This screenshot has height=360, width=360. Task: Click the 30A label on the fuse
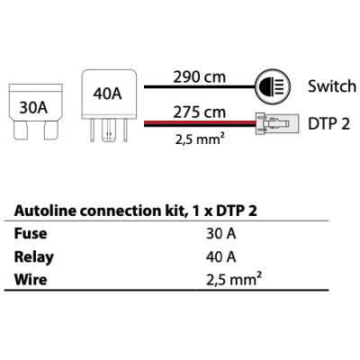click(33, 108)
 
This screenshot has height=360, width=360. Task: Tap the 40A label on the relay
click(107, 94)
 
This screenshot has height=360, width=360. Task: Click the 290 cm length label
click(199, 76)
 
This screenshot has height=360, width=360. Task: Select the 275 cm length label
click(199, 112)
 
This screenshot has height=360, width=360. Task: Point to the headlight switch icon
click(273, 86)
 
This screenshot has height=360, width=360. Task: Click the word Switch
click(332, 86)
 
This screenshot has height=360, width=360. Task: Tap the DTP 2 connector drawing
click(277, 124)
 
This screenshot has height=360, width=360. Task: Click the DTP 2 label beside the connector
click(329, 124)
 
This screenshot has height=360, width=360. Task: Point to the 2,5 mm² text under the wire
click(200, 139)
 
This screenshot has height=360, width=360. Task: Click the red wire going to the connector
click(200, 122)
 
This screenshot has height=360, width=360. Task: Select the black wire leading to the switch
click(200, 87)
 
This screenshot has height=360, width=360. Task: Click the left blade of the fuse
click(21, 130)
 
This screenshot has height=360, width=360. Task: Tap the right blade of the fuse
click(50, 130)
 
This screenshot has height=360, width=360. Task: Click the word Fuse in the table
click(31, 234)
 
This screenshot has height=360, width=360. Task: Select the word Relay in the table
click(34, 257)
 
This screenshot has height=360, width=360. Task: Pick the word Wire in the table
click(31, 280)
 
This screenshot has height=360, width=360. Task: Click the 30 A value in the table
click(221, 234)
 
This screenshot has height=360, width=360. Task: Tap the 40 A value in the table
click(221, 257)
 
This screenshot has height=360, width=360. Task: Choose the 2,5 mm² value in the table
click(234, 279)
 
